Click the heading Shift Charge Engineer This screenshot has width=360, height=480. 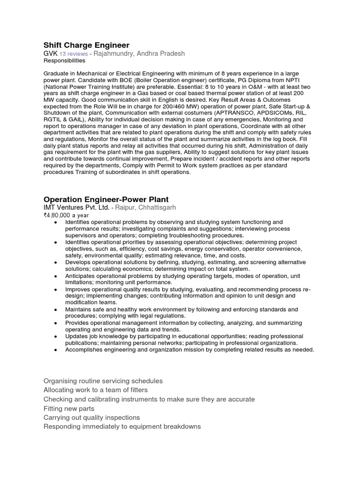pos(86,45)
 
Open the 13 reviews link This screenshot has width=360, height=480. pos(74,54)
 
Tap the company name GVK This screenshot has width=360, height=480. pos(50,54)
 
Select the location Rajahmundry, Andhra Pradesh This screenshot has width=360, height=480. pos(139,54)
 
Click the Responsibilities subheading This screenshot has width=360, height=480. pos(64,61)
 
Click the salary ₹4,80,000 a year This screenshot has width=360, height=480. pos(64,215)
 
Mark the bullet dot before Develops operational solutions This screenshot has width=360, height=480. pos(56,262)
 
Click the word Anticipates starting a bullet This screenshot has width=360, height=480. pos(82,276)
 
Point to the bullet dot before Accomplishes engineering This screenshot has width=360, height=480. pos(56,350)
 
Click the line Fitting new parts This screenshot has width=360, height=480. pos(69,409)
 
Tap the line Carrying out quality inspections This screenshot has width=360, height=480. pos(91,418)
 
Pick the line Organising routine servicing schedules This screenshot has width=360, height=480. pos(103,381)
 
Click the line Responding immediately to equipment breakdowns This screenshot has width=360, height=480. pos(122,427)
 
